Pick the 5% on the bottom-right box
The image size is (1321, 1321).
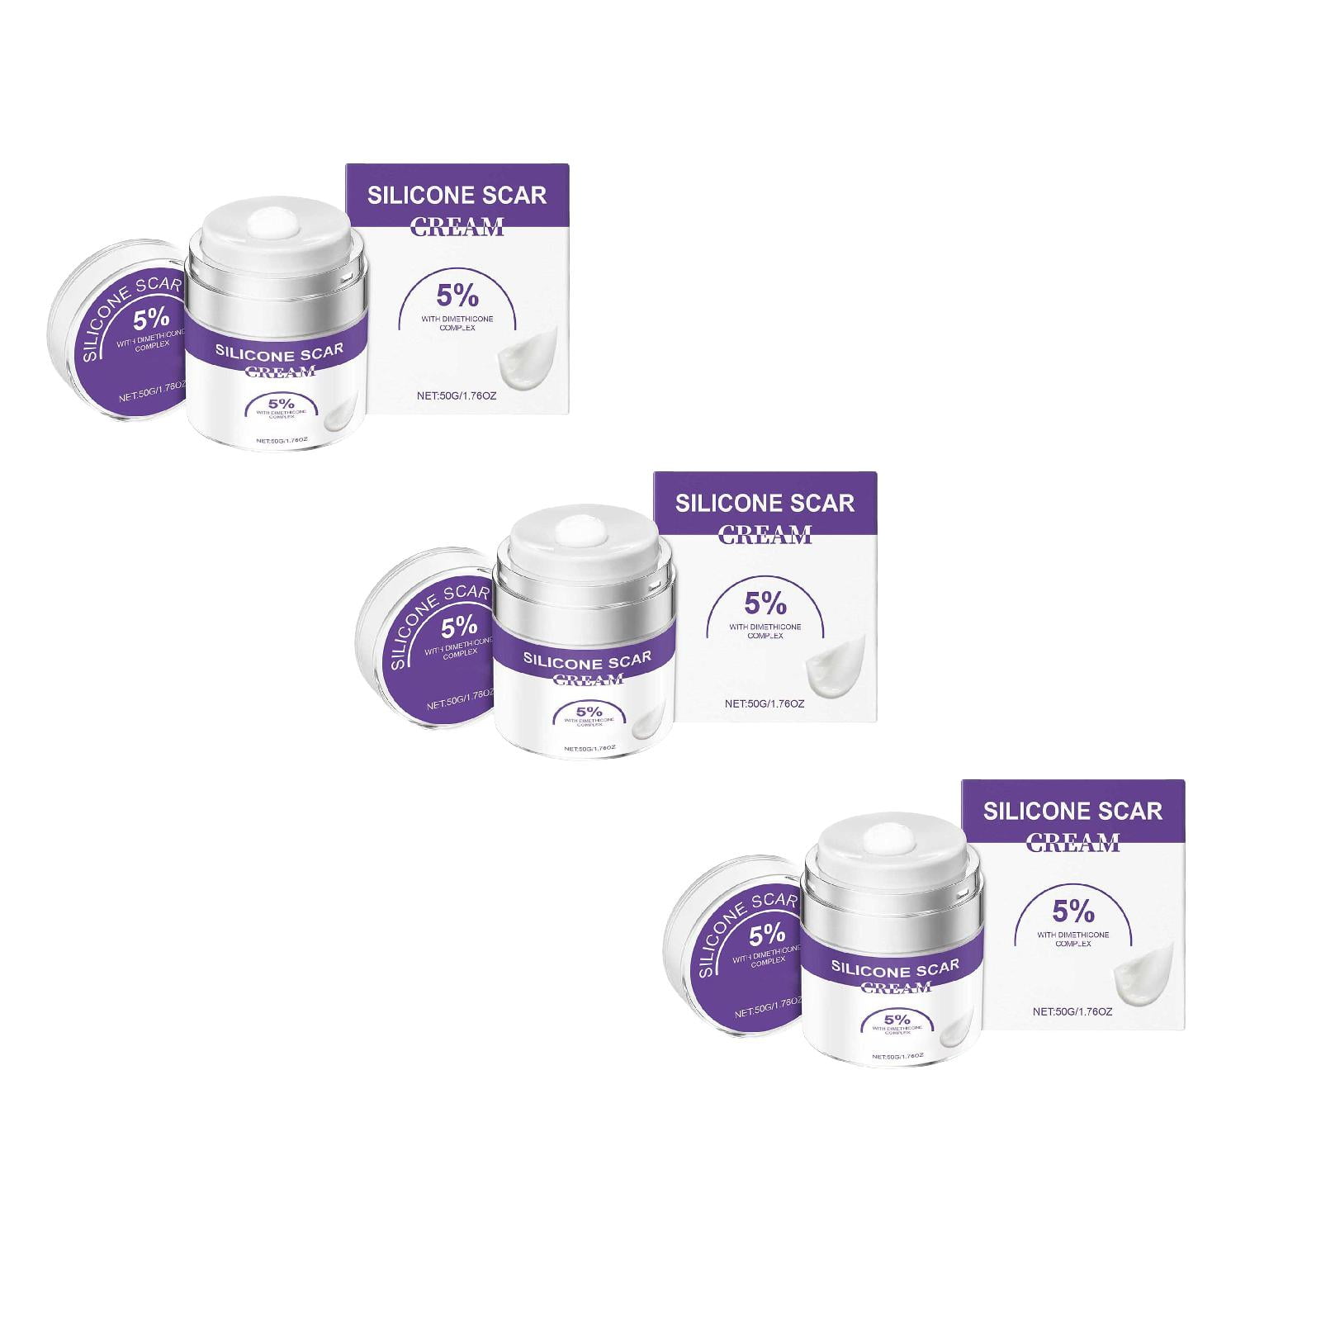pyautogui.click(x=1073, y=911)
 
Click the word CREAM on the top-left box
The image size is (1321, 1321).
pyautogui.click(x=457, y=227)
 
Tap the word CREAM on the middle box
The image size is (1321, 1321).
pyautogui.click(x=765, y=535)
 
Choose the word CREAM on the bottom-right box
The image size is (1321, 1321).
pyautogui.click(x=1073, y=843)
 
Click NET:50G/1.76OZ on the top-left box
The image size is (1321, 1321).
pyautogui.click(x=457, y=396)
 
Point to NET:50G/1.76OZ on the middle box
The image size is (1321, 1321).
pyautogui.click(x=765, y=704)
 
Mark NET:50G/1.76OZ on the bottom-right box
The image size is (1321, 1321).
pyautogui.click(x=1072, y=1011)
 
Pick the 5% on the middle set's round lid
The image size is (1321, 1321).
pyautogui.click(x=459, y=627)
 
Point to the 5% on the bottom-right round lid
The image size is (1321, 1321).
pyautogui.click(x=767, y=935)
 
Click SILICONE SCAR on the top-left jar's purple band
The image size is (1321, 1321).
pyautogui.click(x=273, y=350)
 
